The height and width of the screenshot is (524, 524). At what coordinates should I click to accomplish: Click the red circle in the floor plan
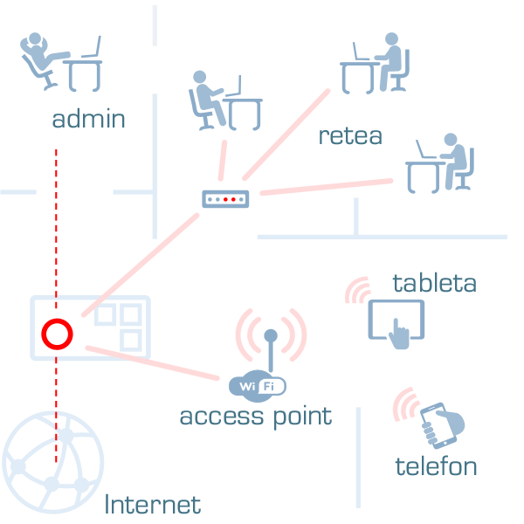coord(57,334)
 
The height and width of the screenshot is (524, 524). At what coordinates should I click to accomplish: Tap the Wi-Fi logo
coord(258,386)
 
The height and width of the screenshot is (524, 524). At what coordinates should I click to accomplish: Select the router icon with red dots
coord(225,199)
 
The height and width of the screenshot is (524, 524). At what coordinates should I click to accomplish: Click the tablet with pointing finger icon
coord(396,322)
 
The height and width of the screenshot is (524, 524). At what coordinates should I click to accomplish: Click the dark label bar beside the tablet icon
coord(433,282)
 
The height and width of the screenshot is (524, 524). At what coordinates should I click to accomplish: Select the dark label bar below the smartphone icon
coord(435,465)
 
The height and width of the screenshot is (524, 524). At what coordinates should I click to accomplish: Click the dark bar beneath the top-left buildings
coord(88,118)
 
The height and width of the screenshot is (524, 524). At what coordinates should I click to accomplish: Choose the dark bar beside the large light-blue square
coord(153,504)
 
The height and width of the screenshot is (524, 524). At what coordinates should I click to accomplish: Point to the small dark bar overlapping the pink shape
coord(350,136)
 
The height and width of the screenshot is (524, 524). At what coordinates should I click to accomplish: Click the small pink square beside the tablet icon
coord(356,290)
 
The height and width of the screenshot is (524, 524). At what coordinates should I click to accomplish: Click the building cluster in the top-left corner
coord(61,63)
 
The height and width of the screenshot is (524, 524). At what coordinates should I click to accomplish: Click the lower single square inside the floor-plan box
coord(131,340)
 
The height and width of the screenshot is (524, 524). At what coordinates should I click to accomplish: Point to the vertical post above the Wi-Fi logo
coord(271,348)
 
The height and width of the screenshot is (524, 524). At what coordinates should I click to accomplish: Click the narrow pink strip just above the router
coord(223,160)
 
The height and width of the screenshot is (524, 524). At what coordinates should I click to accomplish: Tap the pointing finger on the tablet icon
coord(398,336)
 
